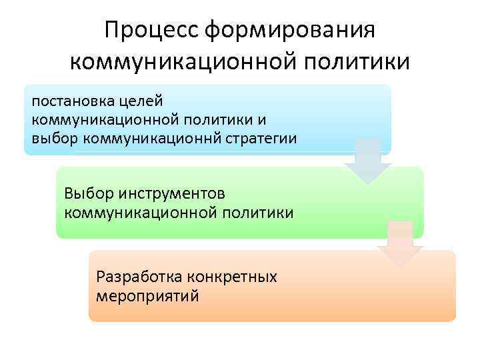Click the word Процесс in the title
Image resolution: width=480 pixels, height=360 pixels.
coord(151,29)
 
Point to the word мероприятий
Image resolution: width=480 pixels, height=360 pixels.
coord(147,295)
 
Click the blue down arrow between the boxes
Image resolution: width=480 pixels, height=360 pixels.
coord(368,161)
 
